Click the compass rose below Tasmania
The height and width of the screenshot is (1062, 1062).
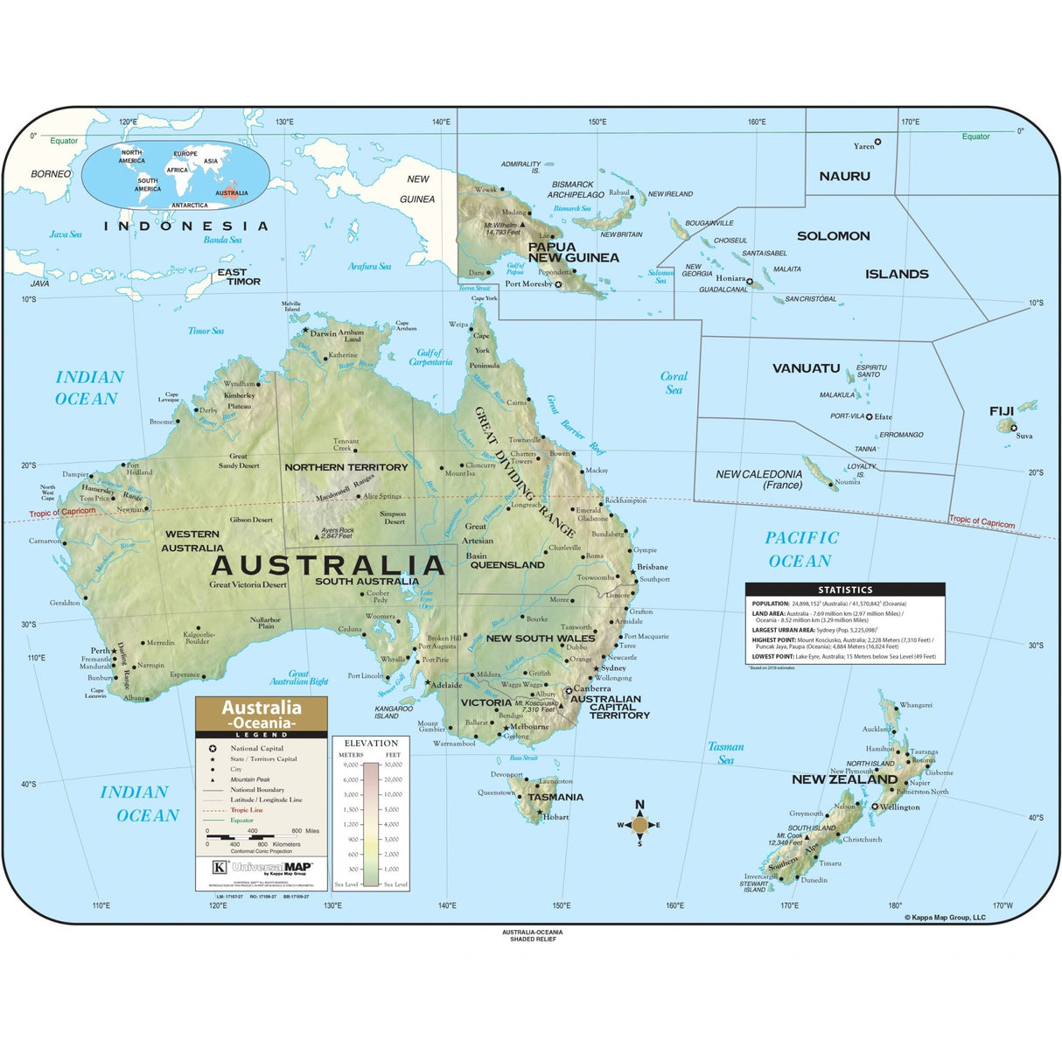[639, 824]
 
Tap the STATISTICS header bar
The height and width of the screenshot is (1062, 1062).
[844, 590]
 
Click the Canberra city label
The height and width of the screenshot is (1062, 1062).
[592, 688]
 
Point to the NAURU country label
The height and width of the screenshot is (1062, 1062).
[844, 176]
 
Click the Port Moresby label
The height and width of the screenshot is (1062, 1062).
[528, 283]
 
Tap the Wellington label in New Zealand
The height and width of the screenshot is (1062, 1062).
[899, 807]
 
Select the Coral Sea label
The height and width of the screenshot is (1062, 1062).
[674, 383]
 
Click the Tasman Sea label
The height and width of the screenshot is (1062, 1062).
[726, 753]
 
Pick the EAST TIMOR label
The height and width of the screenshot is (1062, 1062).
[239, 276]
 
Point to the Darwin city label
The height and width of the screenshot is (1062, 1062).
[323, 333]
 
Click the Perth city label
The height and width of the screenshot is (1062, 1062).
[101, 650]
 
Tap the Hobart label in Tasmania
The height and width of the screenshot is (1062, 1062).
[555, 817]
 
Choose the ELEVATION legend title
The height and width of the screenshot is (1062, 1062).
[371, 743]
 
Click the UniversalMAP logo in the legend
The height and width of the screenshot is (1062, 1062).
[270, 867]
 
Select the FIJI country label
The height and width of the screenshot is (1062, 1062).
[1001, 410]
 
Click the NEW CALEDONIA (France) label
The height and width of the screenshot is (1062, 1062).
[758, 479]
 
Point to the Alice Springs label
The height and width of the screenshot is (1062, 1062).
[382, 496]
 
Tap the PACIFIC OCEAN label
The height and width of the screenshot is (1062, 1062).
[800, 549]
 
